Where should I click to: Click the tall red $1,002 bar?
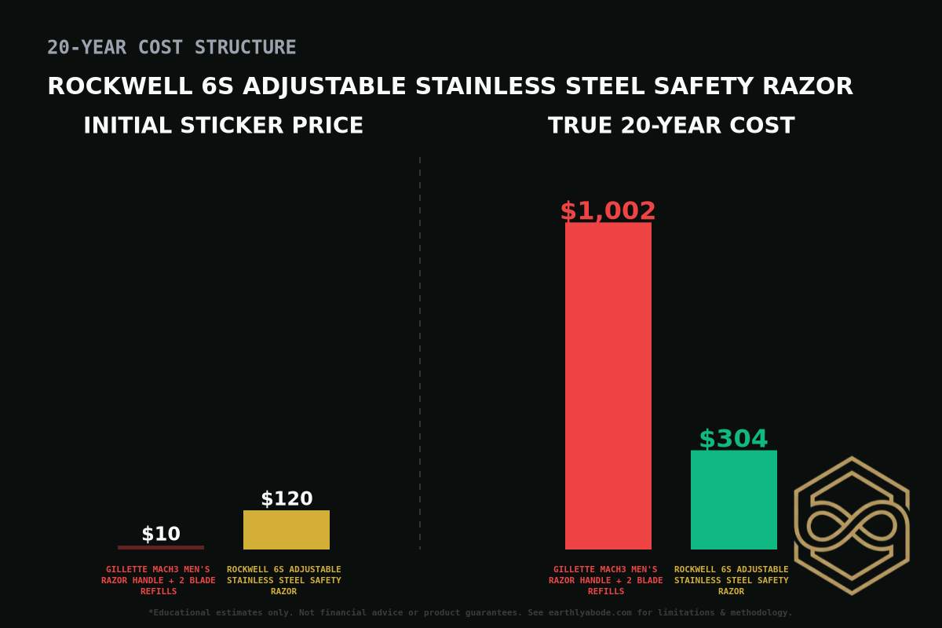[608, 385]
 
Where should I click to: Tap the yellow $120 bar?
[287, 530]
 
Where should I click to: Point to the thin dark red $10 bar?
[161, 547]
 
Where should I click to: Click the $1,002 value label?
[608, 211]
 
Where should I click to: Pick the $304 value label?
[733, 439]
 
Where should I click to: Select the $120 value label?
[287, 498]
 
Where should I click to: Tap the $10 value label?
[161, 534]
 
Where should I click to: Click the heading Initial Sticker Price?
[223, 126]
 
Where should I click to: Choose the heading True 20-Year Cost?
[671, 126]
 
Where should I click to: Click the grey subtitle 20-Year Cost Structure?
[171, 48]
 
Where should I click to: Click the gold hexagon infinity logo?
[852, 525]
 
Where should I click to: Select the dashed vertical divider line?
[420, 353]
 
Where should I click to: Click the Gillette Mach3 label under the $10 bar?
[159, 580]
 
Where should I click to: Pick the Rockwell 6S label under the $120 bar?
[284, 580]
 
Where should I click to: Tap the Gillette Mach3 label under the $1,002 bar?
[606, 580]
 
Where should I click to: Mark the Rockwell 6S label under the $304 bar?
[732, 580]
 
